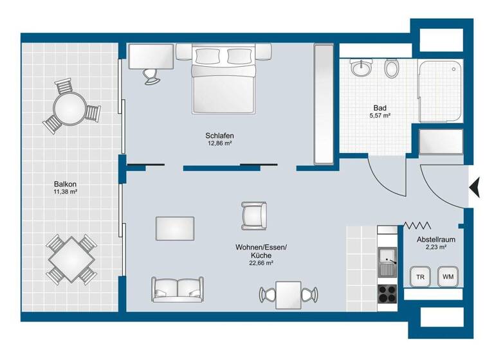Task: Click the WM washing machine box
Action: tap(448, 277)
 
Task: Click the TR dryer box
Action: tap(421, 277)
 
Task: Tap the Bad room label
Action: tap(379, 108)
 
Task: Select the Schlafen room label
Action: tap(219, 136)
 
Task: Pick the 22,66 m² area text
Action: tap(262, 263)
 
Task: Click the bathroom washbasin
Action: tap(361, 67)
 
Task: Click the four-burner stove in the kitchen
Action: tap(388, 293)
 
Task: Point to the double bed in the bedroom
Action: tap(223, 80)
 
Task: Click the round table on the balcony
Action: tap(69, 107)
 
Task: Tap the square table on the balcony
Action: tap(69, 259)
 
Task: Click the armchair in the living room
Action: tap(253, 215)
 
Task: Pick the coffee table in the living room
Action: tap(175, 228)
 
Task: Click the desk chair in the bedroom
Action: tap(151, 75)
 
